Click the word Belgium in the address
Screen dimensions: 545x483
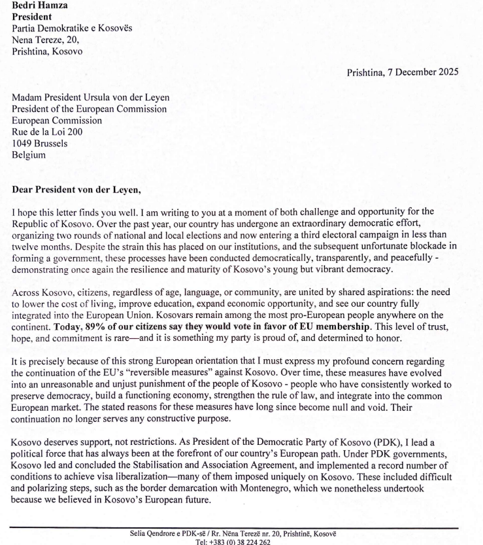tap(29, 155)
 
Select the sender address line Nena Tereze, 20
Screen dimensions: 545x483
tap(46, 40)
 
